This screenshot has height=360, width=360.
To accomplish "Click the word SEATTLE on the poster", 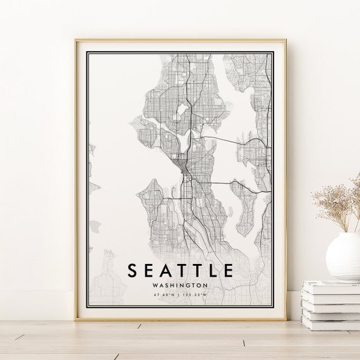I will (181, 270).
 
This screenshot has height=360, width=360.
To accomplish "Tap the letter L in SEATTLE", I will (212, 270).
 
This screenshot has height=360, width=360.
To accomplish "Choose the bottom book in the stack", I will (330, 322).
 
